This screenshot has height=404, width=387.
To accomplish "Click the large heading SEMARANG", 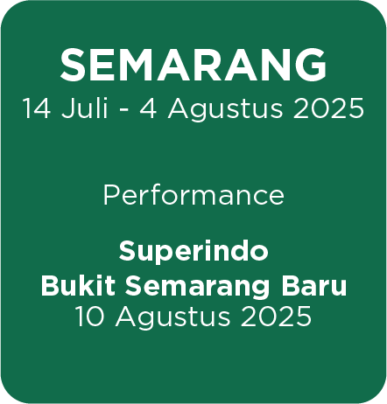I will tap(193, 65).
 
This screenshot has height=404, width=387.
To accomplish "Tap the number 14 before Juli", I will tap(38, 108).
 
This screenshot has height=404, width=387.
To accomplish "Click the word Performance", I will tap(193, 194).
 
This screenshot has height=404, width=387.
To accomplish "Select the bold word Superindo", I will tap(193, 253).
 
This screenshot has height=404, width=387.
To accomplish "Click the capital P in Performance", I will tap(110, 194).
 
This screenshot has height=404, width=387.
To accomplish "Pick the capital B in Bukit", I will tap(50, 286).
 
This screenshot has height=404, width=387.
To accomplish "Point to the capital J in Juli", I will tap(65, 108).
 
